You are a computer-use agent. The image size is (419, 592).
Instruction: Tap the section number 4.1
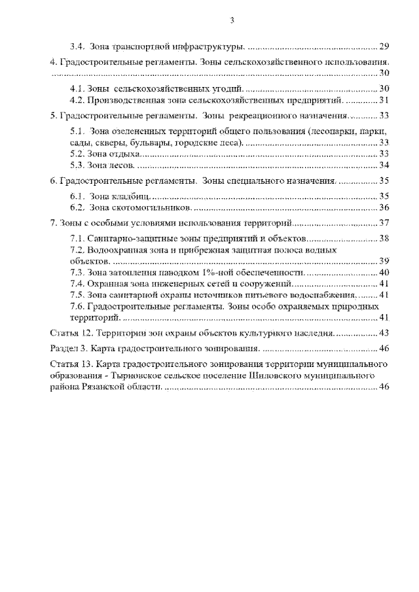coord(77,88)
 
